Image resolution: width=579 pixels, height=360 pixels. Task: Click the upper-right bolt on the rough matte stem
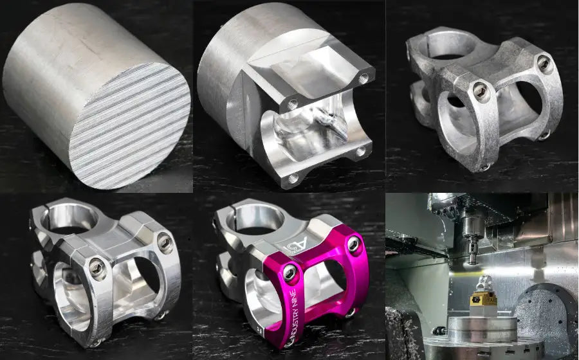(544, 63)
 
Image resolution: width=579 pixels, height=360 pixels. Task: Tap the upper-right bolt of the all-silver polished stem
(165, 242)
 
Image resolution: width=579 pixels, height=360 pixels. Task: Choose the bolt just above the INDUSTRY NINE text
(290, 273)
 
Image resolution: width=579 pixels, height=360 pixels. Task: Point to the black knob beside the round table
(440, 330)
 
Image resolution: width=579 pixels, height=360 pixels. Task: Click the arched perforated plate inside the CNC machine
(547, 315)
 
